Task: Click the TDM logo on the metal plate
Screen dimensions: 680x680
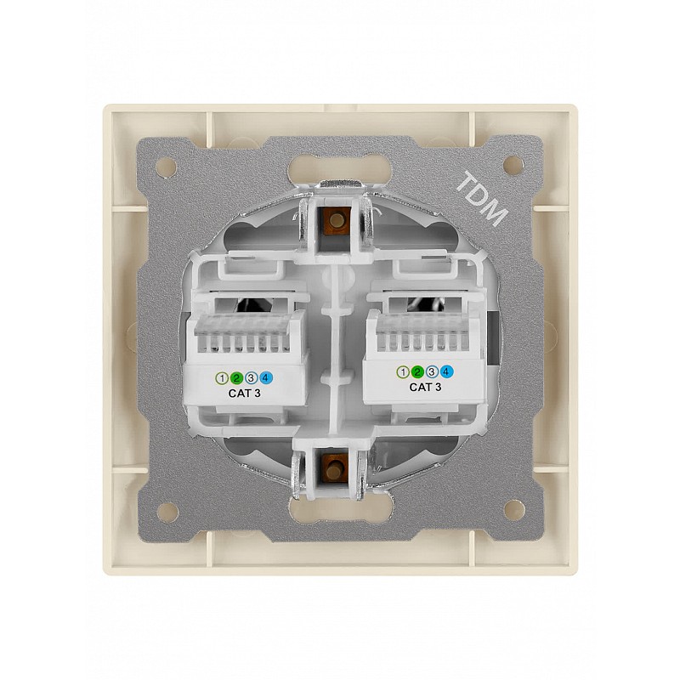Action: point(482,199)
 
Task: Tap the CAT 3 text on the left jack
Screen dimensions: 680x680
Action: point(245,394)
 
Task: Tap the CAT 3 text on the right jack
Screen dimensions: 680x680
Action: point(426,388)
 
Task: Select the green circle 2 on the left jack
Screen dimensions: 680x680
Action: point(236,378)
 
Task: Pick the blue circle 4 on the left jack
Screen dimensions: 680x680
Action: point(266,378)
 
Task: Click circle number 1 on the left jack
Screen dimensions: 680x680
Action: point(222,378)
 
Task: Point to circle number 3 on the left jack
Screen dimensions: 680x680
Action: point(251,378)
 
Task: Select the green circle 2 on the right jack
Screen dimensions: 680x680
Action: point(417,371)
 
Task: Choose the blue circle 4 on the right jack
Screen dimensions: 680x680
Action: point(447,371)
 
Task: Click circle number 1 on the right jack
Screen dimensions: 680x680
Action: point(403,371)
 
